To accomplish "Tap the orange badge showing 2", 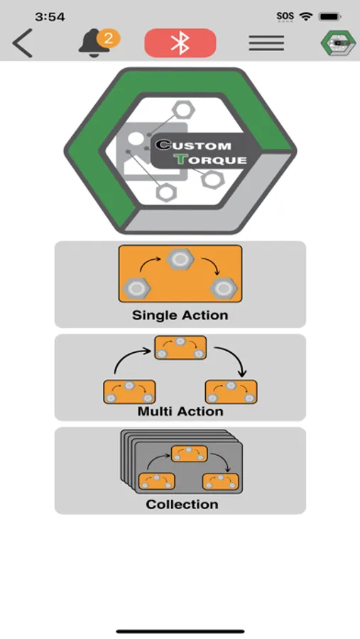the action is point(108,38).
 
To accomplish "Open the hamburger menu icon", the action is point(266,43).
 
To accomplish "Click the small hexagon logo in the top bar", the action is point(337,43).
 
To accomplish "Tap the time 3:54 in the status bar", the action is point(50,17).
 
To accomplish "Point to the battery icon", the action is point(330,17).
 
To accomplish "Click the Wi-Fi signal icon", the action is point(305,16).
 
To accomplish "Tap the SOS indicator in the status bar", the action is point(285,16).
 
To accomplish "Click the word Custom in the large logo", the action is point(194,145).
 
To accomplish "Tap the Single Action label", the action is point(180,315).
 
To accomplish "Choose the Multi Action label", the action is point(180,411).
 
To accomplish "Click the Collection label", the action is point(182,504).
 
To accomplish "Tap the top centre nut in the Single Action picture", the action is point(180,259).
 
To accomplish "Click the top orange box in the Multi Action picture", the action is point(180,348).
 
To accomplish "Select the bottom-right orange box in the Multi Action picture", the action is point(231,392).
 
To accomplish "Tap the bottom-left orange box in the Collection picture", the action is point(156,481).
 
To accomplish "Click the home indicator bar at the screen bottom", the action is point(180,632).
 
